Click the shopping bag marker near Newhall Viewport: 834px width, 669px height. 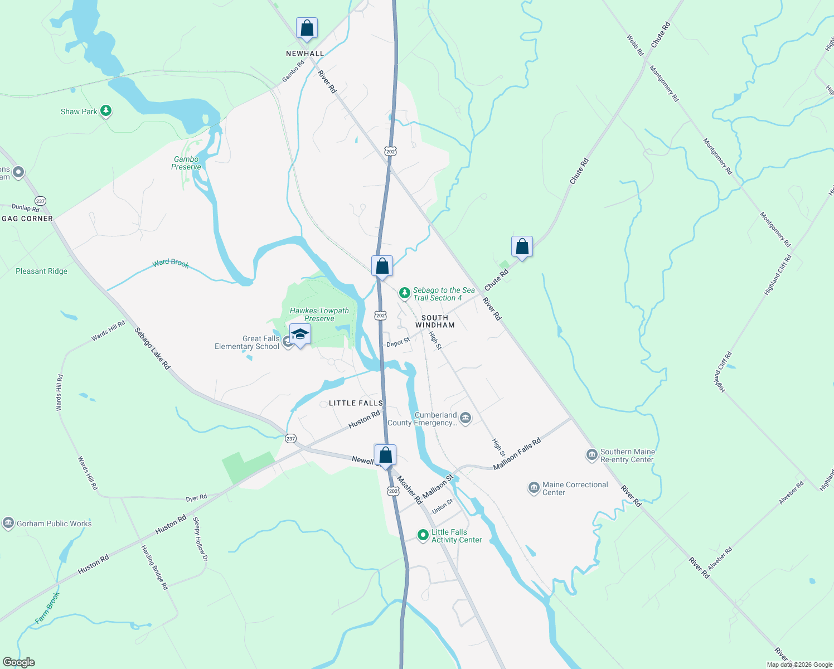(307, 27)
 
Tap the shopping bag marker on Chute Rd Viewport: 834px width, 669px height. (522, 246)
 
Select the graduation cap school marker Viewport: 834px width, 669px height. (300, 334)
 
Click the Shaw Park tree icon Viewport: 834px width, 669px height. (106, 111)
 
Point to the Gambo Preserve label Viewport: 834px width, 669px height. (186, 163)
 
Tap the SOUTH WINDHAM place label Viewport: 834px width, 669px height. (435, 321)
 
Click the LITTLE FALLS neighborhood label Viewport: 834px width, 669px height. (356, 403)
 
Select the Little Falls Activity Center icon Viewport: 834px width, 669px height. (423, 535)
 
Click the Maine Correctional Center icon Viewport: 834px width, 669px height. (534, 488)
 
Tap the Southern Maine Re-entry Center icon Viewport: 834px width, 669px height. (591, 455)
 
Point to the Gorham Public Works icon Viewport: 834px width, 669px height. (8, 523)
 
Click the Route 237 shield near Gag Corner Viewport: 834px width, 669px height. (40, 201)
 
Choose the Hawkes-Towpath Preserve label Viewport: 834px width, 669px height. (319, 314)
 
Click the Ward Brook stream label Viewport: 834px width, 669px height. (171, 263)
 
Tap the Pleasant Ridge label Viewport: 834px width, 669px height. (41, 272)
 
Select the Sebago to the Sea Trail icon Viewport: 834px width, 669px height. (405, 293)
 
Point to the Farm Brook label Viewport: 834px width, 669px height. (47, 607)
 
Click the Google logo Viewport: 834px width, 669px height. (19, 662)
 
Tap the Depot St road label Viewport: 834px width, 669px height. (398, 342)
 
